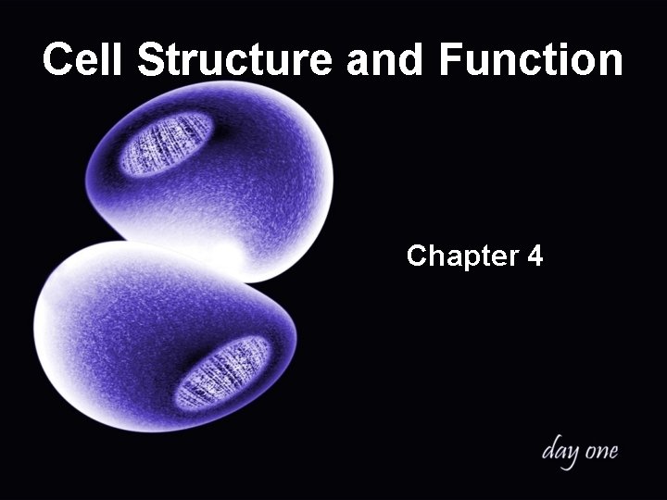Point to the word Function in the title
532,60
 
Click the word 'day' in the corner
560,453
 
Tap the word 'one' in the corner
600,453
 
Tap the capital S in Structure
152,60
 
